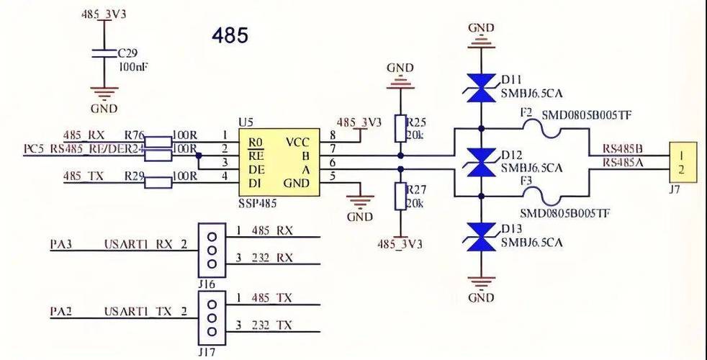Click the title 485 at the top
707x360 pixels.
coord(230,35)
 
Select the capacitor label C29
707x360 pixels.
coord(128,53)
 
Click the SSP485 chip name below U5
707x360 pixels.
coord(258,204)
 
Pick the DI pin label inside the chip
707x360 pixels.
coord(256,183)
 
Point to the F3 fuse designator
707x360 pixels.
coord(526,179)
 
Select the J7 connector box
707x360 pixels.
coord(681,161)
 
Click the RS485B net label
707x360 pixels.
coord(623,148)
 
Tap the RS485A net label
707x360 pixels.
coord(623,162)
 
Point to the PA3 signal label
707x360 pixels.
coord(60,245)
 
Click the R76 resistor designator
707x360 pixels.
coord(134,135)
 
